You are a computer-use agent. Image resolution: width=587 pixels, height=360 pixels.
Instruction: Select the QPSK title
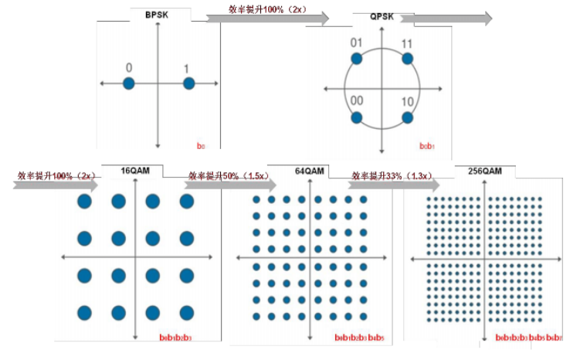point(381,17)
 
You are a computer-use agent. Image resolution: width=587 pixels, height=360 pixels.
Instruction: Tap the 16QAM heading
point(137,170)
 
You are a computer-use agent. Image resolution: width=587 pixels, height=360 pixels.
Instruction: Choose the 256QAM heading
point(484,170)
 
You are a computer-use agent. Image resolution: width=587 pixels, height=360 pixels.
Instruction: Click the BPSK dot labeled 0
point(129,83)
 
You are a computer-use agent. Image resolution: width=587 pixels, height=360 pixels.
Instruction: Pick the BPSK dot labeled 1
point(188,83)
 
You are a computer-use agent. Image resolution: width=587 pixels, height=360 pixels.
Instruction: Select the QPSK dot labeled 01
point(356,59)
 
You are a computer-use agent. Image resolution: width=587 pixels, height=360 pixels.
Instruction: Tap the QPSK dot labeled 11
point(408,59)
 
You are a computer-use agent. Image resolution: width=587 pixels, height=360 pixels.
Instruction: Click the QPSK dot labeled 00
point(356,117)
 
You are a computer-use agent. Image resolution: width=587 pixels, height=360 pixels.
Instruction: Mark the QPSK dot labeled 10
point(408,117)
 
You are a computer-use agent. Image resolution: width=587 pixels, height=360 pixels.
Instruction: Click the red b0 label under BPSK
point(201,145)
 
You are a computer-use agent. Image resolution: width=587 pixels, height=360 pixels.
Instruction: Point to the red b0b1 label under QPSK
point(427,145)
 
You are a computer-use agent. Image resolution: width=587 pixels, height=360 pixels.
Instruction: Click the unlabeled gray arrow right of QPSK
point(464,19)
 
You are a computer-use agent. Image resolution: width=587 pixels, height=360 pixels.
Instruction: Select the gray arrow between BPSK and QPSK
point(267,17)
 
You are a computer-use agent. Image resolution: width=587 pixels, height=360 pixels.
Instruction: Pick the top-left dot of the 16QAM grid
point(84,202)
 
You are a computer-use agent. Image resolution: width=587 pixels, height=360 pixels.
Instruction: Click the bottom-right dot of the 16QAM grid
point(186,313)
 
